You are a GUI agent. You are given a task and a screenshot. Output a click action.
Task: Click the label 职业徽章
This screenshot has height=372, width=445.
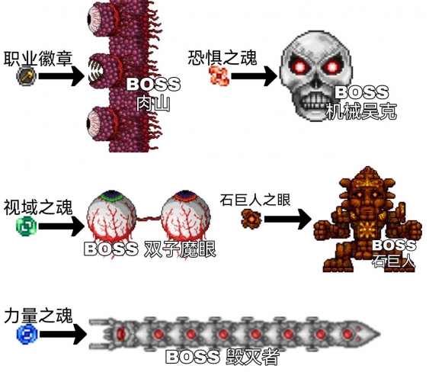pyautogui.click(x=38, y=59)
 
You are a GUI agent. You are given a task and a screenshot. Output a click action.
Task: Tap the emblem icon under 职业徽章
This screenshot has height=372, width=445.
pyautogui.click(x=27, y=76)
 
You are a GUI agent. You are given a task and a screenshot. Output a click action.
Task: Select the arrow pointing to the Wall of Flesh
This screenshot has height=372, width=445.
pyautogui.click(x=62, y=75)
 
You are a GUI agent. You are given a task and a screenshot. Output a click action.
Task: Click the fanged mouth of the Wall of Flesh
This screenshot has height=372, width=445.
pyautogui.click(x=97, y=70)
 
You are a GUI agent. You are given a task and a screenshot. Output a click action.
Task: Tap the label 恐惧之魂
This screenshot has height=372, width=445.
pyautogui.click(x=222, y=58)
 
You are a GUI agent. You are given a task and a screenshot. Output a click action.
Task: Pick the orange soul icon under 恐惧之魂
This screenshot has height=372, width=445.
pyautogui.click(x=219, y=75)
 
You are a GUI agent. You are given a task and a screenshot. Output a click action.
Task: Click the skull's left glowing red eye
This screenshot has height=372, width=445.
pyautogui.click(x=299, y=67)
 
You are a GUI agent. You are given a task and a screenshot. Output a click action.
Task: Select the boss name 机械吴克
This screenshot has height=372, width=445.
pyautogui.click(x=361, y=111)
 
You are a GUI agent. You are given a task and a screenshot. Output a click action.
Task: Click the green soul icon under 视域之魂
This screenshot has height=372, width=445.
pyautogui.click(x=27, y=226)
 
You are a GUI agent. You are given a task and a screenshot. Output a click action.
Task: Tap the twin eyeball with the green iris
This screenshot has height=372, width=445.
pyautogui.click(x=111, y=219)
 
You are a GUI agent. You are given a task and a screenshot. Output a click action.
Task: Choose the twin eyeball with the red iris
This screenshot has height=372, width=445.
pyautogui.click(x=185, y=219)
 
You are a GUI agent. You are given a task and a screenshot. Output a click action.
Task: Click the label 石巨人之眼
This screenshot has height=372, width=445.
pyautogui.click(x=255, y=200)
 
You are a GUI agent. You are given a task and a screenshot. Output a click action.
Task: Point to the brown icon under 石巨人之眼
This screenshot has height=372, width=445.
pyautogui.click(x=251, y=219)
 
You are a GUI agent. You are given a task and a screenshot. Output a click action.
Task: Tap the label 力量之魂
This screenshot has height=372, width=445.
pyautogui.click(x=38, y=315)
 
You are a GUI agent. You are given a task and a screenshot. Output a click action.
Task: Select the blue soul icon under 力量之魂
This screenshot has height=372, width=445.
pyautogui.click(x=27, y=334)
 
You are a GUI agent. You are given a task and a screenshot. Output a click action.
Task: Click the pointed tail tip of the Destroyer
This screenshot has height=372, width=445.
pyautogui.click(x=379, y=334)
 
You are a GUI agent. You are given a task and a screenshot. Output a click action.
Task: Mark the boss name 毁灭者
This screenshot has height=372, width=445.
pyautogui.click(x=252, y=358)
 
